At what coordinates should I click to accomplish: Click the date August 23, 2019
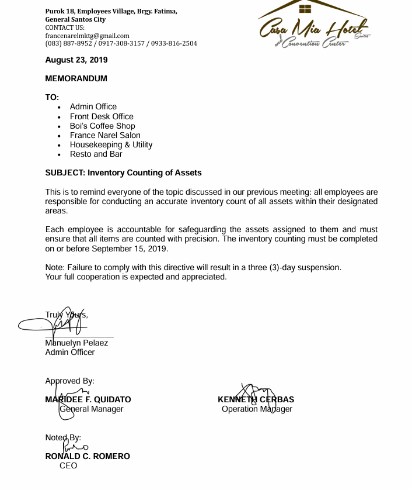pos(76,60)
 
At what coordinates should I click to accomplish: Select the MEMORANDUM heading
pos(76,78)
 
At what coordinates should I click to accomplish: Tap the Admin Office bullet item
pos(93,107)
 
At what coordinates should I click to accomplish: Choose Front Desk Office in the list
pos(102,116)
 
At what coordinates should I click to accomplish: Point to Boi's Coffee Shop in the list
pos(102,126)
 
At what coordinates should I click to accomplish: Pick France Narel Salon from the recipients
pos(105,135)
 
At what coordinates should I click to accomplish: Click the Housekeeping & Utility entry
pos(111,144)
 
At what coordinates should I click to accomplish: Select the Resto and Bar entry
pos(96,154)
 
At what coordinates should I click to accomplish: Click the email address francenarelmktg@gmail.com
pos(88,36)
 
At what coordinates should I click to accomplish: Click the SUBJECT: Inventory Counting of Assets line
pos(123,172)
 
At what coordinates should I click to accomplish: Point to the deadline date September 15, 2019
pos(129,249)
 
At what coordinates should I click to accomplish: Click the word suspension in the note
pos(319,267)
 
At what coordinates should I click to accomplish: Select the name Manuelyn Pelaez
pos(76,343)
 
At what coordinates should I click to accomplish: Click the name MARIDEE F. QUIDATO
pos(88,400)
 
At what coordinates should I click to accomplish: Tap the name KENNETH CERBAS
pos(256,400)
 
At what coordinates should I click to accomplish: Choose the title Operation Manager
pos(257,409)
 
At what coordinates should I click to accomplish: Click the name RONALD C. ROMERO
pos(88,456)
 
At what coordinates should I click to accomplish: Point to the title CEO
pos(68,465)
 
